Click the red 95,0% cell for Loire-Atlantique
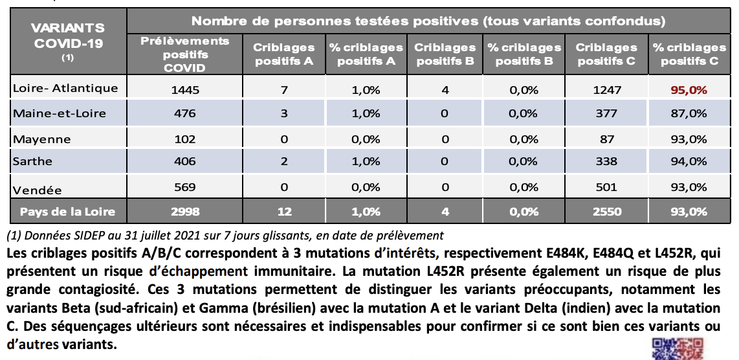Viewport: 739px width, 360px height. [689, 89]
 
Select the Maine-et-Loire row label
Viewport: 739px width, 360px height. [60, 113]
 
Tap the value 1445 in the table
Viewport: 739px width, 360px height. [184, 89]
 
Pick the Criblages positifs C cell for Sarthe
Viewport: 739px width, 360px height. [606, 161]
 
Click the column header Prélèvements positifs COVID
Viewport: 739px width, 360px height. [185, 54]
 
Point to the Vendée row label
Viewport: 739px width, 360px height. [38, 190]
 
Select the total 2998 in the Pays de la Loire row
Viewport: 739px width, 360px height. [184, 212]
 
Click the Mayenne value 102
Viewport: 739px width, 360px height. [184, 139]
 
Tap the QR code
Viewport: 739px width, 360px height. [678, 349]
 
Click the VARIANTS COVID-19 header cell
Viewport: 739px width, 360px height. [68, 41]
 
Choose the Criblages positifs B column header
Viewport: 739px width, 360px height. [445, 54]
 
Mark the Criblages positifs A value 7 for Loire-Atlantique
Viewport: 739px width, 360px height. [283, 89]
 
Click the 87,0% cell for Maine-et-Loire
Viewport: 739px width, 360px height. [689, 113]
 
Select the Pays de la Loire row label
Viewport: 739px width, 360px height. [67, 212]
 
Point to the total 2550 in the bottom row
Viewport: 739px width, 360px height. [606, 212]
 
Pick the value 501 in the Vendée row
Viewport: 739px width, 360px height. [606, 187]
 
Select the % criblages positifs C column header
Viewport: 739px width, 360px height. [689, 54]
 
